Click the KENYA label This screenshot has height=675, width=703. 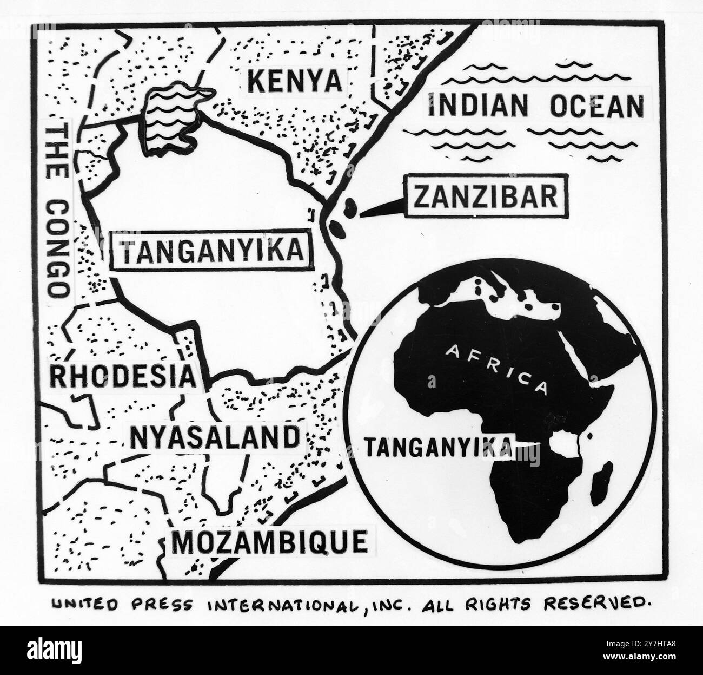tap(295, 82)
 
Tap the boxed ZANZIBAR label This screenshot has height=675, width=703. tap(485, 196)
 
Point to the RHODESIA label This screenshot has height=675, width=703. tap(123, 376)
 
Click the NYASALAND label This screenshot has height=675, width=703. tap(214, 437)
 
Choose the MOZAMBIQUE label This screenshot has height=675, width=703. tap(269, 540)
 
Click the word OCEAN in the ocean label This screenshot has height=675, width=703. tap(597, 106)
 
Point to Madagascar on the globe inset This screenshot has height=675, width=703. tap(601, 480)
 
